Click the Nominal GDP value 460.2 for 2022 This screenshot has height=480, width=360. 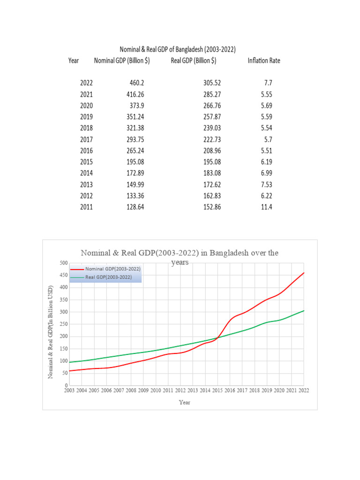(136, 83)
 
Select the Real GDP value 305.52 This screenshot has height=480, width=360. (212, 83)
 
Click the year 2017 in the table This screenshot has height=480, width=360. (86, 139)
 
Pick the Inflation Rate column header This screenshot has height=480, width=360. (263, 60)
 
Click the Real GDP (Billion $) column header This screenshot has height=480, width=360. (193, 60)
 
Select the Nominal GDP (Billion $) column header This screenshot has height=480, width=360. (122, 60)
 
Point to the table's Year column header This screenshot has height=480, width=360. (74, 60)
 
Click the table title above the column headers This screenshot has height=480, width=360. (178, 49)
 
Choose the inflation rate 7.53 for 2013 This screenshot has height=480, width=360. (266, 184)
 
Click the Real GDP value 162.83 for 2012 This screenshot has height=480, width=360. (212, 195)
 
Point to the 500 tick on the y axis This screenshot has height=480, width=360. (63, 263)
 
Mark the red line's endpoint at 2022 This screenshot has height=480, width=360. (304, 273)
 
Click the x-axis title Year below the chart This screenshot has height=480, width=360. (185, 402)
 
